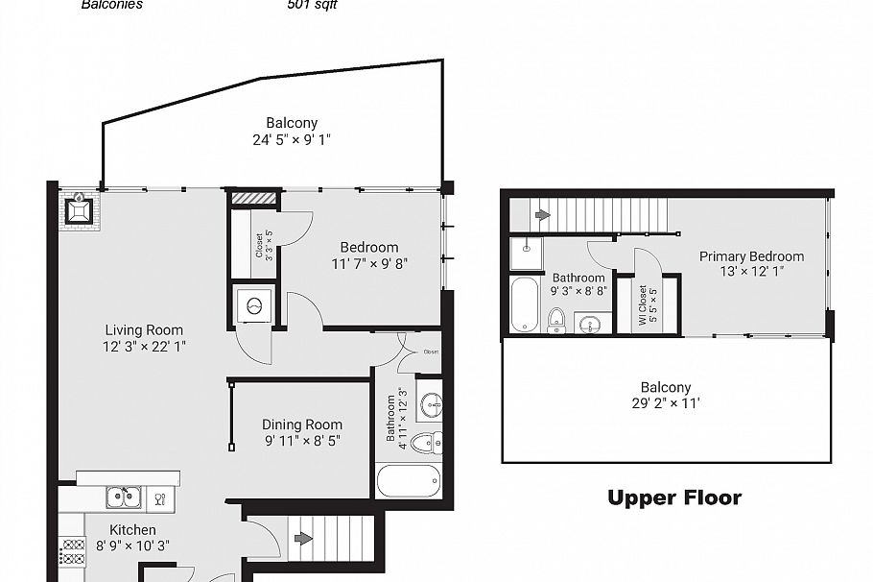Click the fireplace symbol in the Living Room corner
[78, 210]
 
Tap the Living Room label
[144, 330]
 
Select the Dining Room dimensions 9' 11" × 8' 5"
[302, 441]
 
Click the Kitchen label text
[132, 529]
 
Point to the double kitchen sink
[123, 497]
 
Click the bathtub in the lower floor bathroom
[409, 480]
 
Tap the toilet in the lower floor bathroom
[426, 442]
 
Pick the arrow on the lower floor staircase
[302, 538]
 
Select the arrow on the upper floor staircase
[541, 214]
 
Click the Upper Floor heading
[674, 497]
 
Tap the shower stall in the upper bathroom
[526, 252]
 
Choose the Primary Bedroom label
[751, 256]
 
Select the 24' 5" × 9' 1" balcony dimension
[292, 139]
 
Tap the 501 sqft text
[312, 5]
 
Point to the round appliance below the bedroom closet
[255, 306]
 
